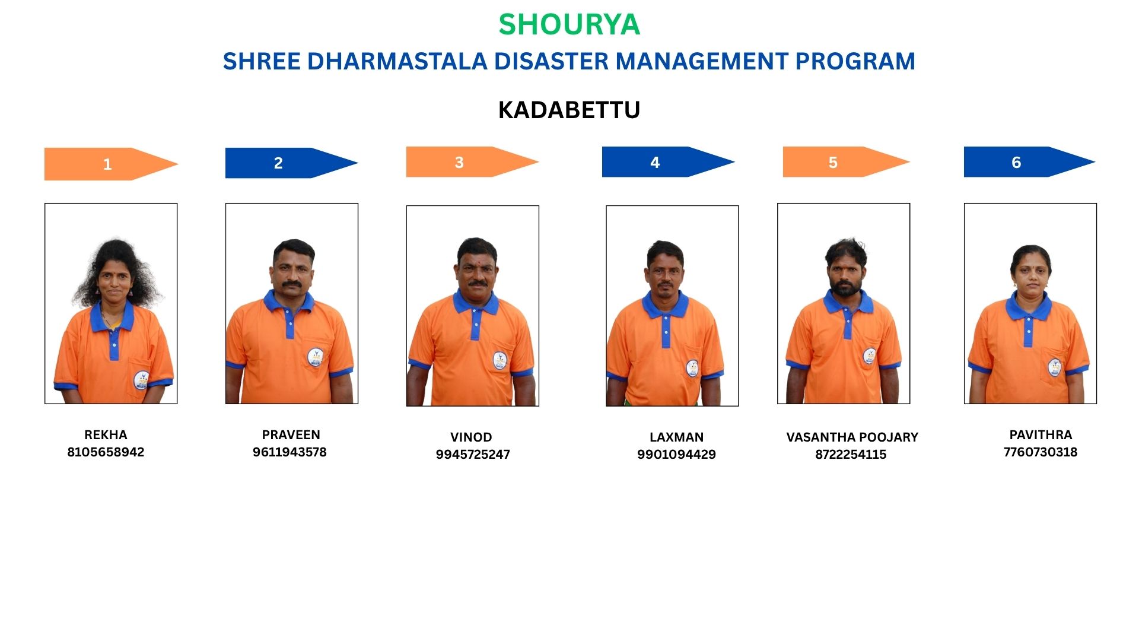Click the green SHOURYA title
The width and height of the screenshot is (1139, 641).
coord(569,24)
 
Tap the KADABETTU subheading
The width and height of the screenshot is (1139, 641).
coord(569,110)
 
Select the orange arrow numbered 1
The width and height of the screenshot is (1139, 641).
coord(111,164)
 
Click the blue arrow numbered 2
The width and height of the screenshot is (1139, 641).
coord(291,163)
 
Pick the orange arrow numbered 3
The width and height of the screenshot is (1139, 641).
coord(472,162)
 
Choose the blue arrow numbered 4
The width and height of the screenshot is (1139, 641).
coord(668,162)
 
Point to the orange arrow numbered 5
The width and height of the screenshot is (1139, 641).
coord(846,162)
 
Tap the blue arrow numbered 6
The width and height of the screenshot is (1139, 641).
coord(1029,162)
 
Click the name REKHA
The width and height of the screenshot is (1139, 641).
coord(106,435)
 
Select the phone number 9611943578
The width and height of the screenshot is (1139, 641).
coord(289,452)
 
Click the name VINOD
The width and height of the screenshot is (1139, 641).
coord(471,437)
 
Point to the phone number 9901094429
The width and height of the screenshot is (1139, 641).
coord(676,455)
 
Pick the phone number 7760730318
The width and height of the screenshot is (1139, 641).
coord(1041,452)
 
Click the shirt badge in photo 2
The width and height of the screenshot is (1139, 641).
coord(315,357)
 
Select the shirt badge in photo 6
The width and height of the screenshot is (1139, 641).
coord(1054,367)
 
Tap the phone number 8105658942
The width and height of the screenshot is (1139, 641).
coord(106,452)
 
